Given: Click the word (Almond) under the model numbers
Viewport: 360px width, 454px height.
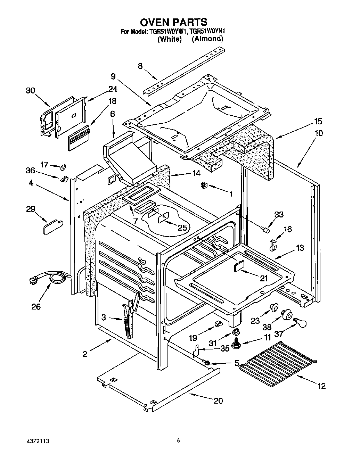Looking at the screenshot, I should click(207, 39).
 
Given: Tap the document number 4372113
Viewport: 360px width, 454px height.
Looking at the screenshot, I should click(37, 441).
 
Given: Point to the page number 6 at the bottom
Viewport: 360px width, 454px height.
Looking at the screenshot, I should click(178, 441).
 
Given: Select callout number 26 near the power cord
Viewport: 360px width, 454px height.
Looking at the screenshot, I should click(36, 306).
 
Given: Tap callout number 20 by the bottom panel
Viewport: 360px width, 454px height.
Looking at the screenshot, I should click(218, 401).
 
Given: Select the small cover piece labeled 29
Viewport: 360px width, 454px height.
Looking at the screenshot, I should click(51, 229).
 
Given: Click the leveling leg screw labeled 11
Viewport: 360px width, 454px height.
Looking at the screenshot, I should click(237, 343).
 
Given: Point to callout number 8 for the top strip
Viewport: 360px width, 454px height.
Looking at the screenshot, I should click(140, 66).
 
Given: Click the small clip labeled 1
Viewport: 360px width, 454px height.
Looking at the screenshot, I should click(204, 186).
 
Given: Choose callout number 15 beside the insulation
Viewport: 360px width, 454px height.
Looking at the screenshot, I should click(318, 122).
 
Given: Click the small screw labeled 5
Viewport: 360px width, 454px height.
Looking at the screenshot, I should click(207, 363).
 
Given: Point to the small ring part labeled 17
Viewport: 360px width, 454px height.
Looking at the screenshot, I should click(63, 167).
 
